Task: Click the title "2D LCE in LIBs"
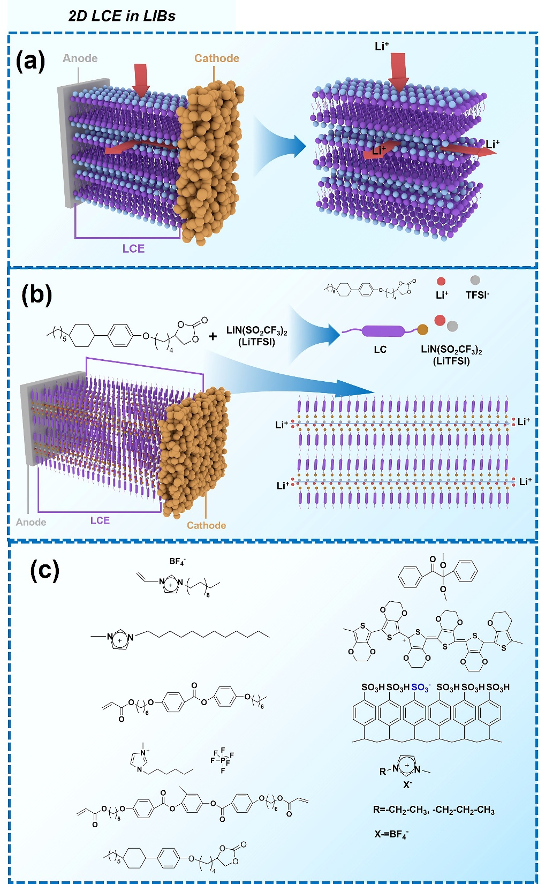122,16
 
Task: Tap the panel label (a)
31,61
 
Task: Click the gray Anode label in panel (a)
80,58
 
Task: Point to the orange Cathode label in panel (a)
216,58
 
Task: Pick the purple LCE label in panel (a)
133,248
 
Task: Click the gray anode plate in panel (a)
69,145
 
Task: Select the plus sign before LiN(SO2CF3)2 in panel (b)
213,336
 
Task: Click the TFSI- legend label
477,295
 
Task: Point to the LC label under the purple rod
380,350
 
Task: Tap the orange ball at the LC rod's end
422,329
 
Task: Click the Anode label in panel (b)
31,522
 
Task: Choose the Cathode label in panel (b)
206,525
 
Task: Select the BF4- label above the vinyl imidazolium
177,562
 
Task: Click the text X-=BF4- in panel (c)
391,834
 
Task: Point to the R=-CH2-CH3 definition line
434,810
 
